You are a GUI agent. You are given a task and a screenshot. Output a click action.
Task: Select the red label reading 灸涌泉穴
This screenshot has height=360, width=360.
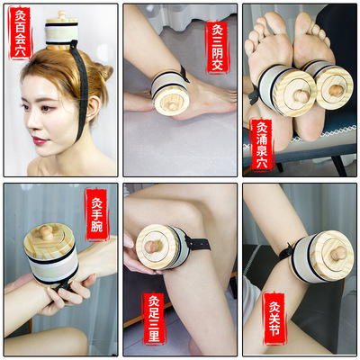(x=259, y=139)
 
